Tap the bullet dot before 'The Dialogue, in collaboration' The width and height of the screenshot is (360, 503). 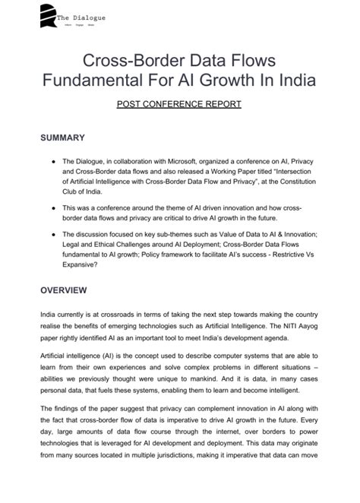click(50, 162)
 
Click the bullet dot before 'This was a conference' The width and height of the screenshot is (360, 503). click(50, 207)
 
